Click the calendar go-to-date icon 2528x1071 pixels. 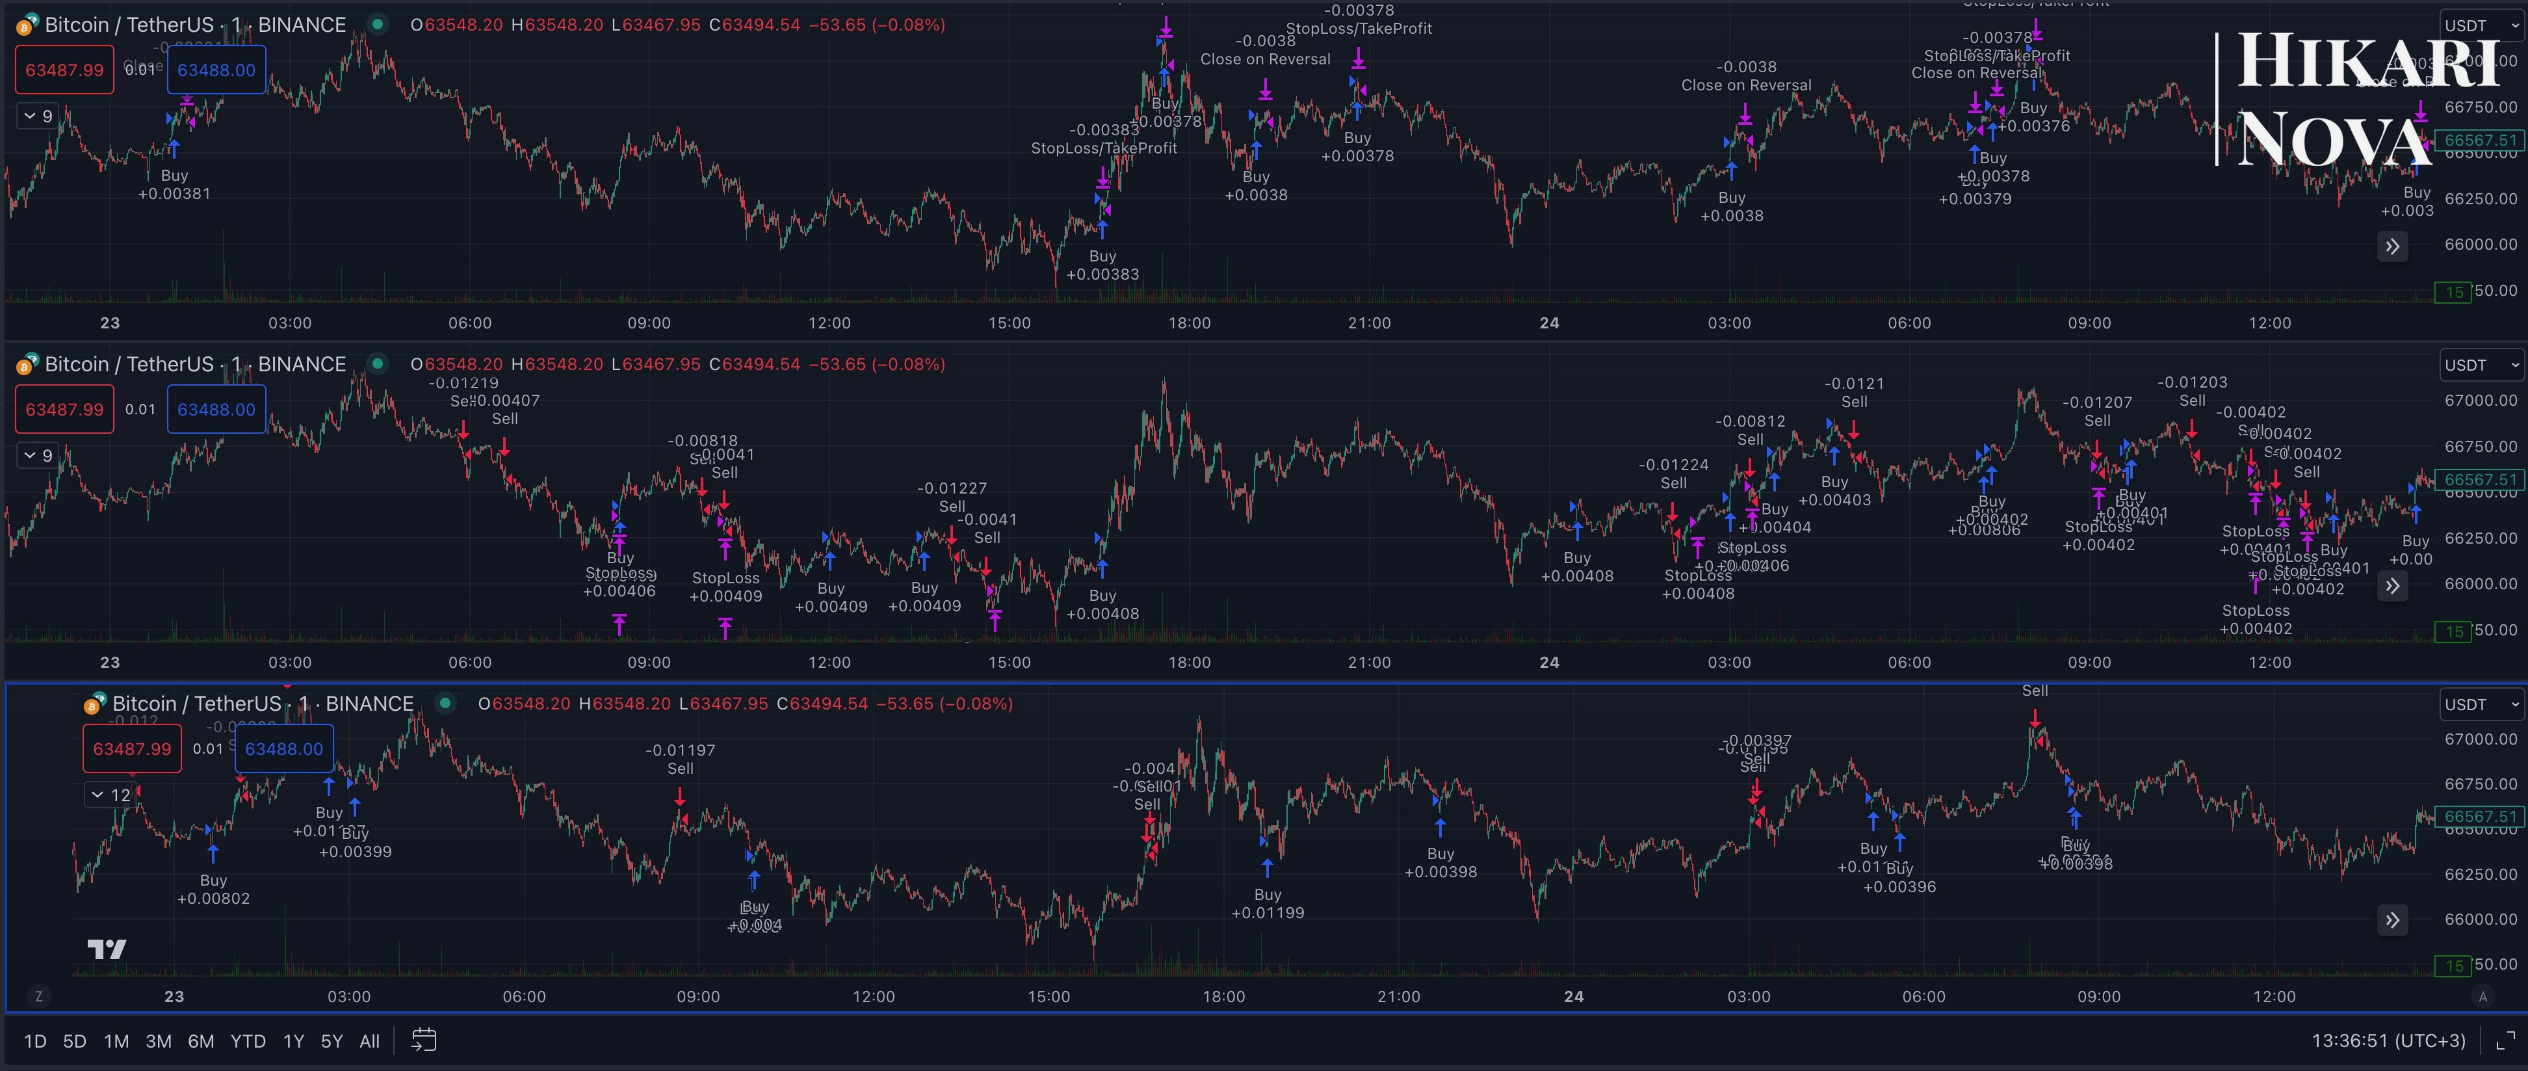coord(424,1040)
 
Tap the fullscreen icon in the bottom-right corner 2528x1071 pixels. coord(2505,1040)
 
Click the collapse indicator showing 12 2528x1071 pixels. coord(111,795)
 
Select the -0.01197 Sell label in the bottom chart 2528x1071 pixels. coord(680,759)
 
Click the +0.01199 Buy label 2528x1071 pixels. coord(1267,904)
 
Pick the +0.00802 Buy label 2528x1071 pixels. coord(213,890)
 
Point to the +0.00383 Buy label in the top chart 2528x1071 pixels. coord(1102,265)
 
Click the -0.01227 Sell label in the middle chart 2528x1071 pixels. coord(952,497)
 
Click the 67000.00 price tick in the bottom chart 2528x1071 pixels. coord(2480,739)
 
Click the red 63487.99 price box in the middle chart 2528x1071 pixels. coord(65,410)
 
